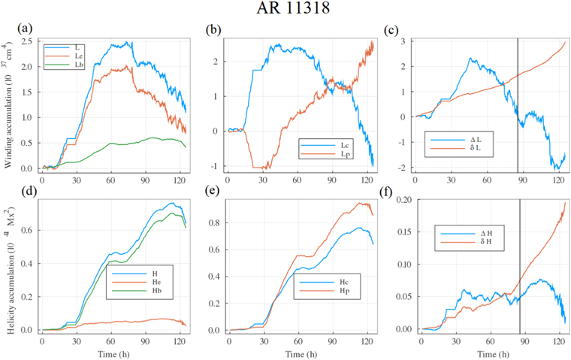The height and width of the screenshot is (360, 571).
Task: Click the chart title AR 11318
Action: (285, 11)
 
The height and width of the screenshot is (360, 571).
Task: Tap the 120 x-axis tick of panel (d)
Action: (179, 340)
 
